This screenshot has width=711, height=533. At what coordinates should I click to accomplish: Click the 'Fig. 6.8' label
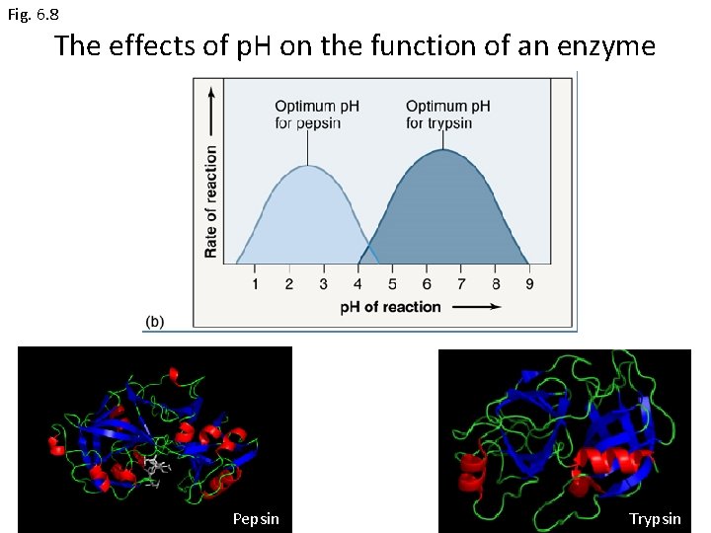tap(33, 15)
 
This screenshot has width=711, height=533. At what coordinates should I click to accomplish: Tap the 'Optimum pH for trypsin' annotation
tap(447, 114)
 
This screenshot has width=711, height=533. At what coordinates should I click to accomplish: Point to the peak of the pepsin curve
tap(308, 166)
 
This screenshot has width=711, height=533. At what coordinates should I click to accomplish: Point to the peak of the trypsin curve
tap(443, 150)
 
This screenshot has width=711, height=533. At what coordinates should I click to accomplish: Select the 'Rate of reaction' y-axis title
tap(211, 201)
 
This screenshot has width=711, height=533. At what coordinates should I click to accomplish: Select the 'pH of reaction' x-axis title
tap(391, 307)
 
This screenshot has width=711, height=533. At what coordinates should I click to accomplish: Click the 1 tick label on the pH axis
tap(255, 285)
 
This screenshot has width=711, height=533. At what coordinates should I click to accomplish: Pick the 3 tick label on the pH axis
tap(324, 285)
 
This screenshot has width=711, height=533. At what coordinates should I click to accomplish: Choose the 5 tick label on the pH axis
tap(392, 285)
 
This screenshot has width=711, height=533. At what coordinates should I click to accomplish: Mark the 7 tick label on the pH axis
tap(461, 285)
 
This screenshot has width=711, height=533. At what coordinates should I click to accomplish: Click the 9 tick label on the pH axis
tap(529, 285)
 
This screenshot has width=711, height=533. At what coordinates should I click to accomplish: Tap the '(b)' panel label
tap(156, 322)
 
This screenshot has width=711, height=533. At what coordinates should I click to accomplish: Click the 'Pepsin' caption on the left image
tap(256, 518)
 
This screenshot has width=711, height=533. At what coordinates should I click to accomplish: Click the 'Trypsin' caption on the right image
tap(655, 518)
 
